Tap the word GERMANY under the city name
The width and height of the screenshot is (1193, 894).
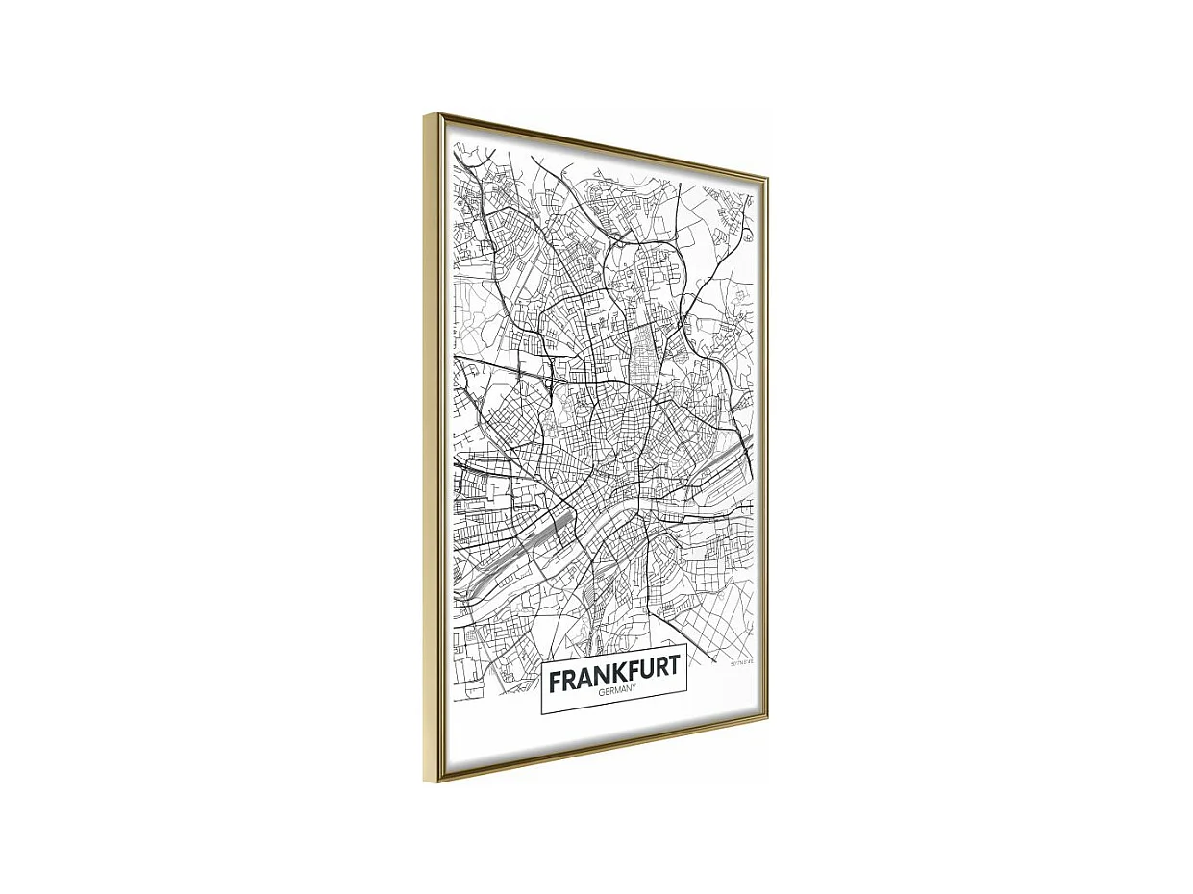(614, 693)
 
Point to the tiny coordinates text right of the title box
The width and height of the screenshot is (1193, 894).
(741, 662)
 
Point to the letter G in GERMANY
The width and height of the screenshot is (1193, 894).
(599, 696)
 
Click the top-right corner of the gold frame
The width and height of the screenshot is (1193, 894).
(766, 179)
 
